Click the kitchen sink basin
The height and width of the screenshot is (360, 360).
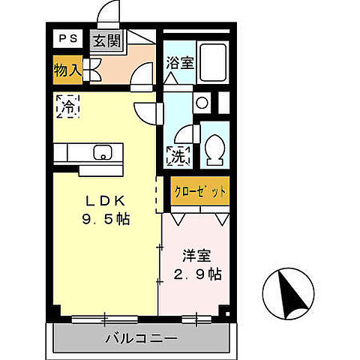click(101, 153)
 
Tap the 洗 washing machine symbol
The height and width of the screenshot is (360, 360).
click(178, 157)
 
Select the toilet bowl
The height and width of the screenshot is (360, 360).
click(212, 149)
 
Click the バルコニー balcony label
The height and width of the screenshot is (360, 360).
click(140, 338)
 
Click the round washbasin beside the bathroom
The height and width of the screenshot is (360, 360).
click(201, 103)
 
